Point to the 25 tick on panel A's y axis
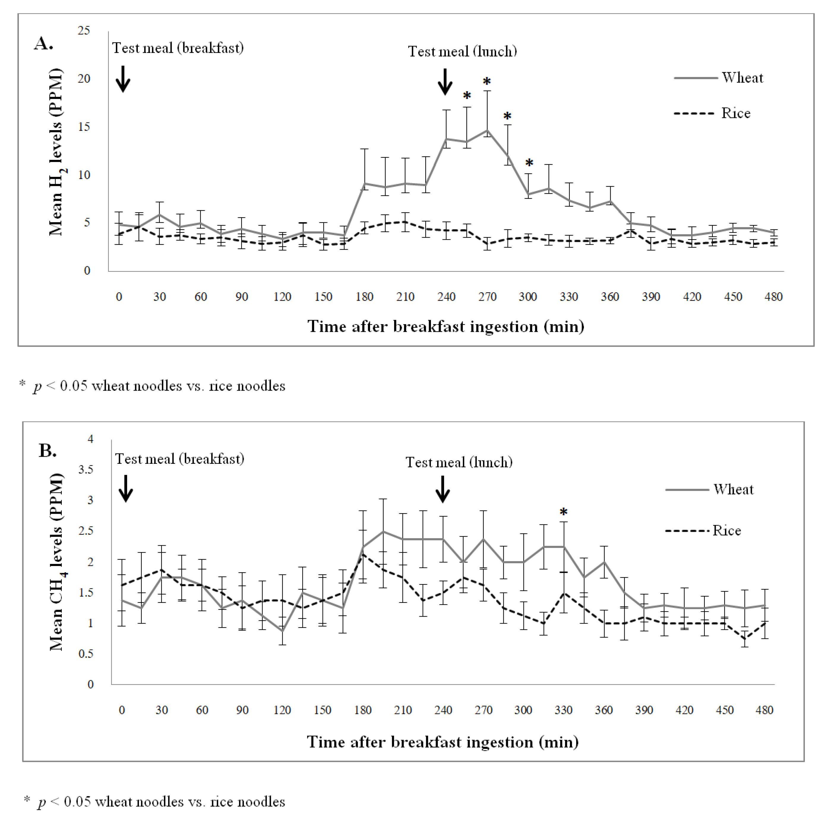coord(84,31)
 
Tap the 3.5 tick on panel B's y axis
coord(86,469)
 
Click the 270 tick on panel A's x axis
coord(487,297)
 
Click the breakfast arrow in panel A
coord(123,79)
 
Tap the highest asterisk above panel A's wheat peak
coord(487,82)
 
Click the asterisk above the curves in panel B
coord(563,512)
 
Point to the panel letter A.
coord(43,43)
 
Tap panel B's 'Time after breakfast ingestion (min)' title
coord(443,742)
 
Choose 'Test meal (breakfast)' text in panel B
coord(180,459)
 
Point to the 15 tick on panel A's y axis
coord(84,127)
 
